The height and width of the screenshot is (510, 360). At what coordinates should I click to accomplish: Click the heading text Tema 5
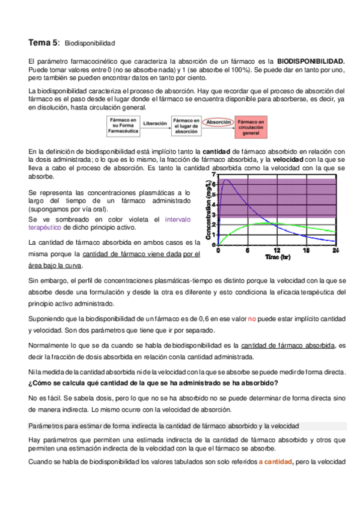tap(43, 43)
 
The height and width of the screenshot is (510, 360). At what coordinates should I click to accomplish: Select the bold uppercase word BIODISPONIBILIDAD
tap(311, 61)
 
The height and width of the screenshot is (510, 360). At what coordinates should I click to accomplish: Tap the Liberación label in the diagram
tap(155, 123)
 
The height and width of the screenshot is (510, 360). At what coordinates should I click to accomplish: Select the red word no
tap(252, 318)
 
